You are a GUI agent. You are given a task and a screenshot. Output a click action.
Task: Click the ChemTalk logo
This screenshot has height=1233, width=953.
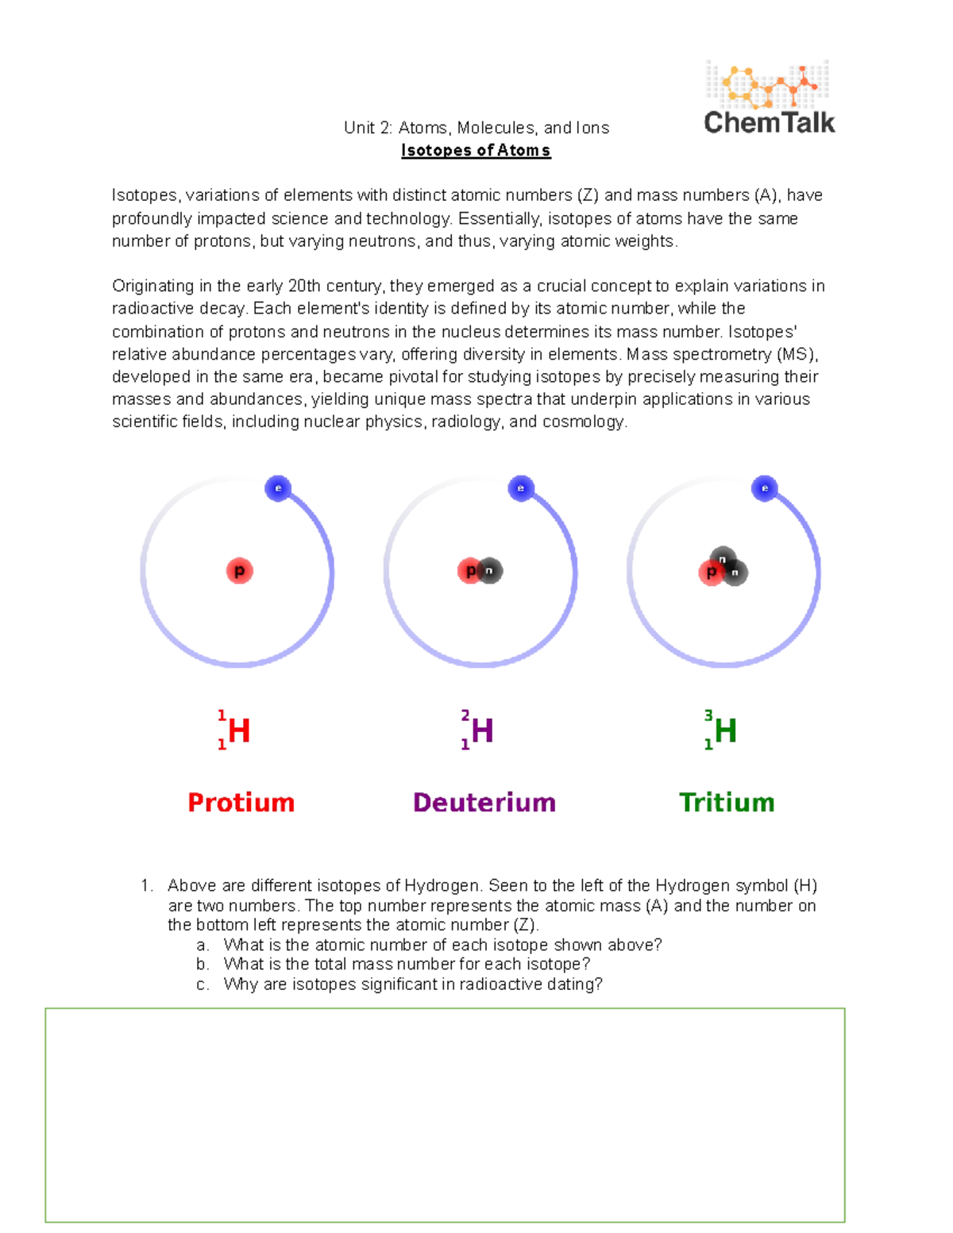coord(769,98)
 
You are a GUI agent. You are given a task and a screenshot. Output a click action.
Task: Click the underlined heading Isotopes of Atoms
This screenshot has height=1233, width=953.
coord(476,151)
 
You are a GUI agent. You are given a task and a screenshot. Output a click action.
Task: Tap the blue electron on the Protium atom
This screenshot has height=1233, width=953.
coord(278,488)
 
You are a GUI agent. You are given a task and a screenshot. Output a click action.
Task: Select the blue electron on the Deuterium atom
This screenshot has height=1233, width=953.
coord(521,488)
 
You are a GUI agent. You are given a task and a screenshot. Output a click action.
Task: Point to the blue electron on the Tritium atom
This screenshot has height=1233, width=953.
coord(764,488)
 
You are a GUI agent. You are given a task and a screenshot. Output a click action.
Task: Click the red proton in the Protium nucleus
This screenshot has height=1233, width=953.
coord(239,571)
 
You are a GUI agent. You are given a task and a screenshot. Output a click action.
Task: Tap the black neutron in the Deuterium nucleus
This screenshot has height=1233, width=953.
coord(490,571)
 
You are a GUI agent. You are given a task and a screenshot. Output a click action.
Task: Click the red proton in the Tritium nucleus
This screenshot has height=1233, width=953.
coord(711,572)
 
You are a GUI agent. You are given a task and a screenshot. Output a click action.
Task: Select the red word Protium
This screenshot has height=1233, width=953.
coord(241,803)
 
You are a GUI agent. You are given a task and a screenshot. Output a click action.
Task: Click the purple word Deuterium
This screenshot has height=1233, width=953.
coord(484,803)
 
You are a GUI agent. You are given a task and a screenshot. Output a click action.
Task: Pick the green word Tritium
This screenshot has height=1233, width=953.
coord(727,803)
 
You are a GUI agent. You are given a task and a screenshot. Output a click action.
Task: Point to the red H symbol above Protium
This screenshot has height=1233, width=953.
coord(239,731)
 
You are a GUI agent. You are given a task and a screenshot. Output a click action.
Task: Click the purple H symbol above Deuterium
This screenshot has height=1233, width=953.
coord(482,731)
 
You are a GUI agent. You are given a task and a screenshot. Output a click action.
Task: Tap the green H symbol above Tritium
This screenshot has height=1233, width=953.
coord(725,731)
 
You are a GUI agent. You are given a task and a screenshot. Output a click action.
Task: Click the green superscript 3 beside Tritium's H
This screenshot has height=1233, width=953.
coord(708,715)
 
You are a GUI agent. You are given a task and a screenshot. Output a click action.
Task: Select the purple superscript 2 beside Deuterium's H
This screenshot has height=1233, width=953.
coord(465,715)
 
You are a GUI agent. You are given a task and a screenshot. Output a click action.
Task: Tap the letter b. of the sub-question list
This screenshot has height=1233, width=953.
coord(203,965)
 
